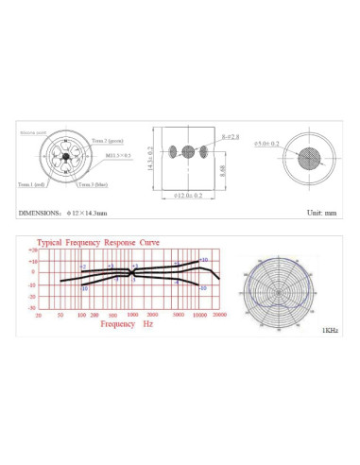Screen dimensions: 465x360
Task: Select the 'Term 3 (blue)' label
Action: [x=106, y=183]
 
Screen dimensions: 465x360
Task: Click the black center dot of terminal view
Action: [x=65, y=158]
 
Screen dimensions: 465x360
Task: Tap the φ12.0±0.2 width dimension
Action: [x=188, y=198]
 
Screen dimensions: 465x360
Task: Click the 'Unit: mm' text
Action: [x=320, y=215]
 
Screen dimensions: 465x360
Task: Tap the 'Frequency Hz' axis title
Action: [x=127, y=323]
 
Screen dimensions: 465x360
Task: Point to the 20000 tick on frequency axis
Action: [x=218, y=314]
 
